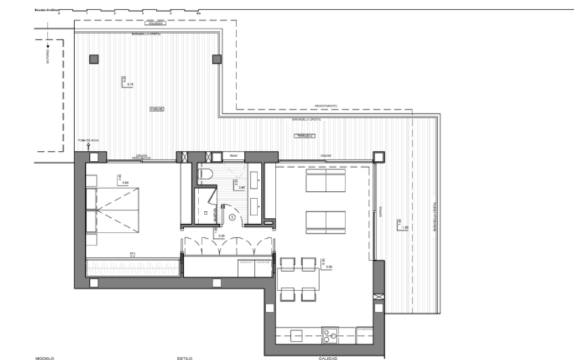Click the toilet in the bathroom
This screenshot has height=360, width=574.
coord(207,175)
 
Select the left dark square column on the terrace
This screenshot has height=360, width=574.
coord(94,59)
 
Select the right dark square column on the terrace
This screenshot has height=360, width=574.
coord(217,59)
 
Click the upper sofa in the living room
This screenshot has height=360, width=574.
coord(325,180)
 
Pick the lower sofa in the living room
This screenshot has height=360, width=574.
coord(325,222)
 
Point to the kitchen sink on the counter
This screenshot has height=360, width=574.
coord(329,333)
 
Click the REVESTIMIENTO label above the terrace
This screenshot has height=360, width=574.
coord(327,105)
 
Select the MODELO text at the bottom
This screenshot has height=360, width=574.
coord(44,358)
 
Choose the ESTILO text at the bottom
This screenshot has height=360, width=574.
coord(185,358)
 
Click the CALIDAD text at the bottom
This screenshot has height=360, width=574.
coord(328,358)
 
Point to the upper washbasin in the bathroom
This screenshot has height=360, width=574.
coord(257,177)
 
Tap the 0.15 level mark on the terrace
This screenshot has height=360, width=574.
coord(131,84)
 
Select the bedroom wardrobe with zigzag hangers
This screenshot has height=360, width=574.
coord(133,266)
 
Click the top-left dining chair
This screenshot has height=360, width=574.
coord(288,263)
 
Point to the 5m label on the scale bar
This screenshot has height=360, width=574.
coord(198,13)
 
